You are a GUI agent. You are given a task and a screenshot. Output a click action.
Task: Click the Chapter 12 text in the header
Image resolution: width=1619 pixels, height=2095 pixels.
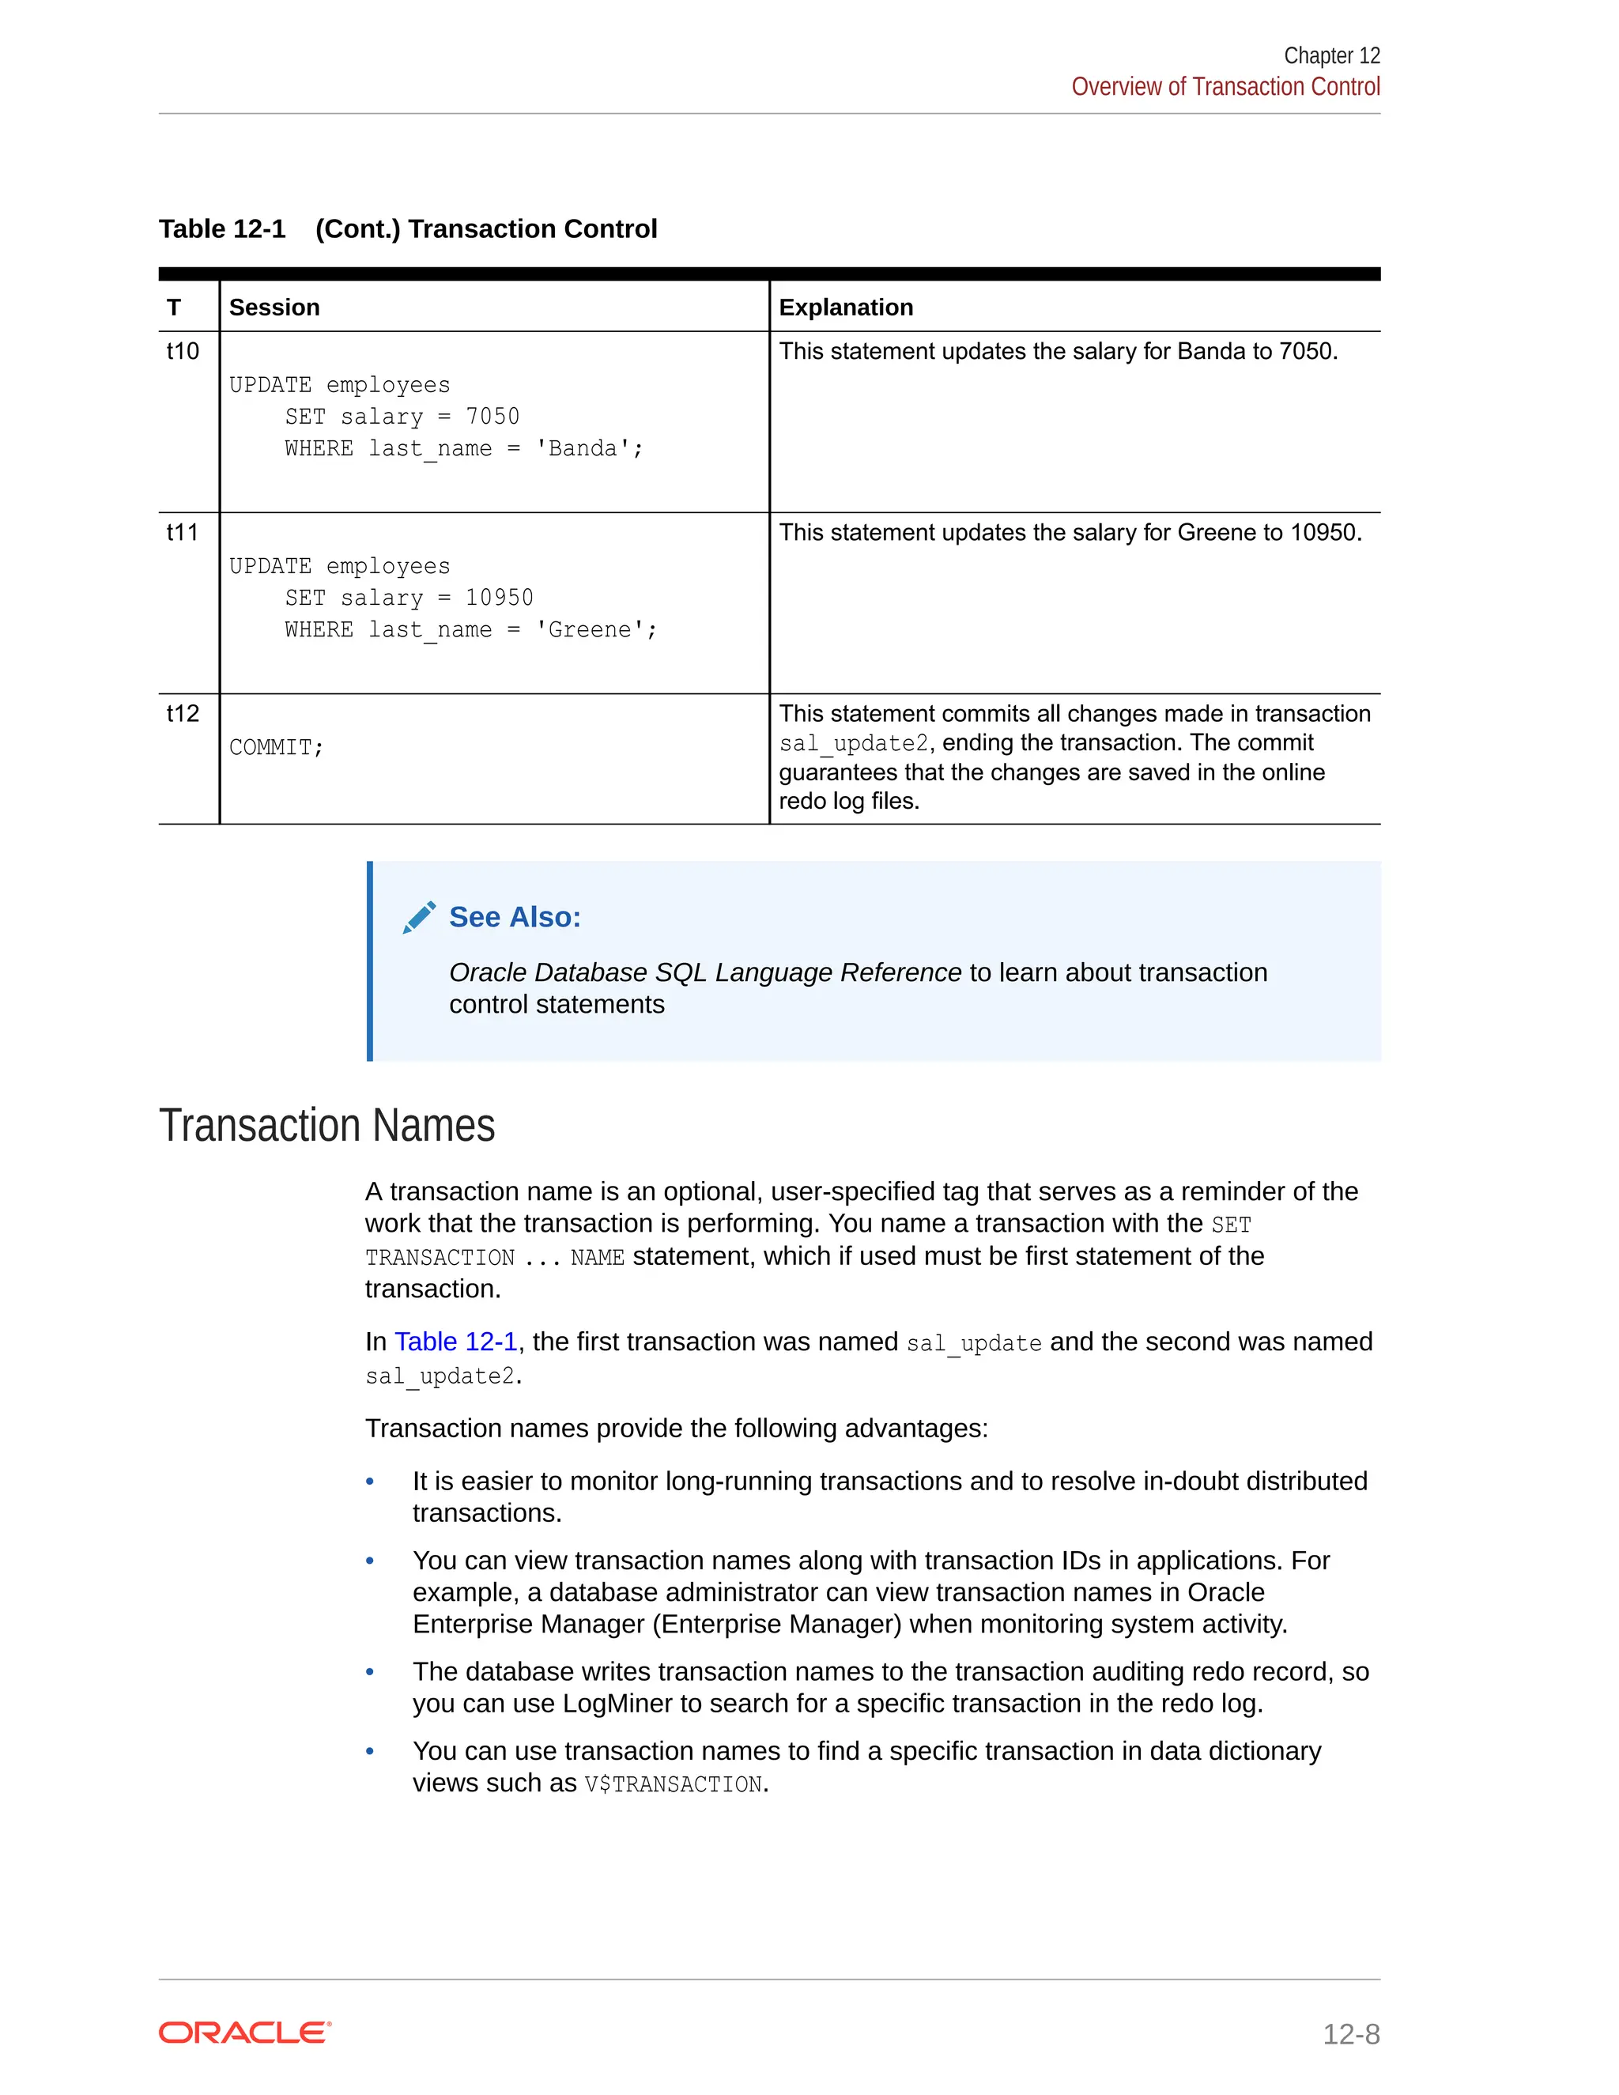1330,55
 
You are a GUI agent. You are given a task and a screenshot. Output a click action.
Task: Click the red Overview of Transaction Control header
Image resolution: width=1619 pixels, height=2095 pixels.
1225,87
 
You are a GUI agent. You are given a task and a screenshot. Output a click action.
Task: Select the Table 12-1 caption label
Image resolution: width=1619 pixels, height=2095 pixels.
222,229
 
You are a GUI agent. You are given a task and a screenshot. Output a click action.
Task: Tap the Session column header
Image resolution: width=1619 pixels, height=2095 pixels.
274,307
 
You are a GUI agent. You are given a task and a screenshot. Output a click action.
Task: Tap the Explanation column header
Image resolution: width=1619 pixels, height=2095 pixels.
845,307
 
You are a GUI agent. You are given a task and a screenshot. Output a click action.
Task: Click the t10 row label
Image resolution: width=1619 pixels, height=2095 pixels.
183,351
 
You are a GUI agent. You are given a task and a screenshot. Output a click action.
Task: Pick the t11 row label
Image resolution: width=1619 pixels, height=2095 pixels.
183,532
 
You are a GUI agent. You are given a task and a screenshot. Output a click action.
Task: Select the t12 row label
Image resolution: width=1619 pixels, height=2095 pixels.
183,714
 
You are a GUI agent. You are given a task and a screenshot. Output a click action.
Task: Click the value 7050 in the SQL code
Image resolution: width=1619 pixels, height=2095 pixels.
492,417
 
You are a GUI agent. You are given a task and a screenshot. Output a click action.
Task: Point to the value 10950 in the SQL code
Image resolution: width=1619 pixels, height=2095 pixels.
499,598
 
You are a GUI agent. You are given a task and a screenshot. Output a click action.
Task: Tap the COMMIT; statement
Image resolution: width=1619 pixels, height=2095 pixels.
276,747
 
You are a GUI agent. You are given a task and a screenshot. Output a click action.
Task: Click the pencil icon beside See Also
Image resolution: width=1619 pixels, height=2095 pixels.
419,917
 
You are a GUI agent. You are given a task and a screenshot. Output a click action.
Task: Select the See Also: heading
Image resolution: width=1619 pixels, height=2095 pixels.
515,917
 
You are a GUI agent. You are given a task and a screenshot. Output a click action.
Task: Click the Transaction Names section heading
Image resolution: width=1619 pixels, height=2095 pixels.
327,1125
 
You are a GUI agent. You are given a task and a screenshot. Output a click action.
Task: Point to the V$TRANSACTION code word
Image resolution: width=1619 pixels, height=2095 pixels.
674,1784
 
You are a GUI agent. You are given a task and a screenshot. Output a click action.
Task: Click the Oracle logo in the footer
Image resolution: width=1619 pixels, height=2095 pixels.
244,2033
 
